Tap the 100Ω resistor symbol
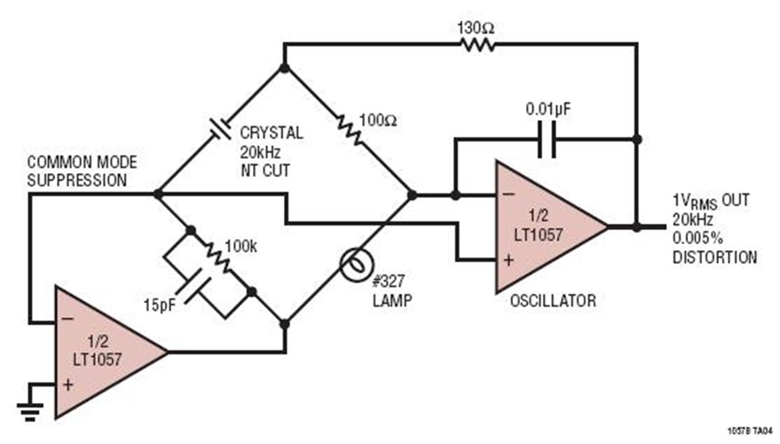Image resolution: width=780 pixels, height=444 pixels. coord(349,131)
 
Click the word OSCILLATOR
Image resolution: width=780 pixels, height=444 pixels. coord(552,301)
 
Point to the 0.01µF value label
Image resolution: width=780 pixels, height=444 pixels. coord(547,109)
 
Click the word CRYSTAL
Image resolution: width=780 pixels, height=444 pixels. coord(271,133)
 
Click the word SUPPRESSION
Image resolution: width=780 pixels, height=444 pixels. coord(76,180)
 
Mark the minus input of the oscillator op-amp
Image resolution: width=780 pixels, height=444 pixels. coord(508,194)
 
